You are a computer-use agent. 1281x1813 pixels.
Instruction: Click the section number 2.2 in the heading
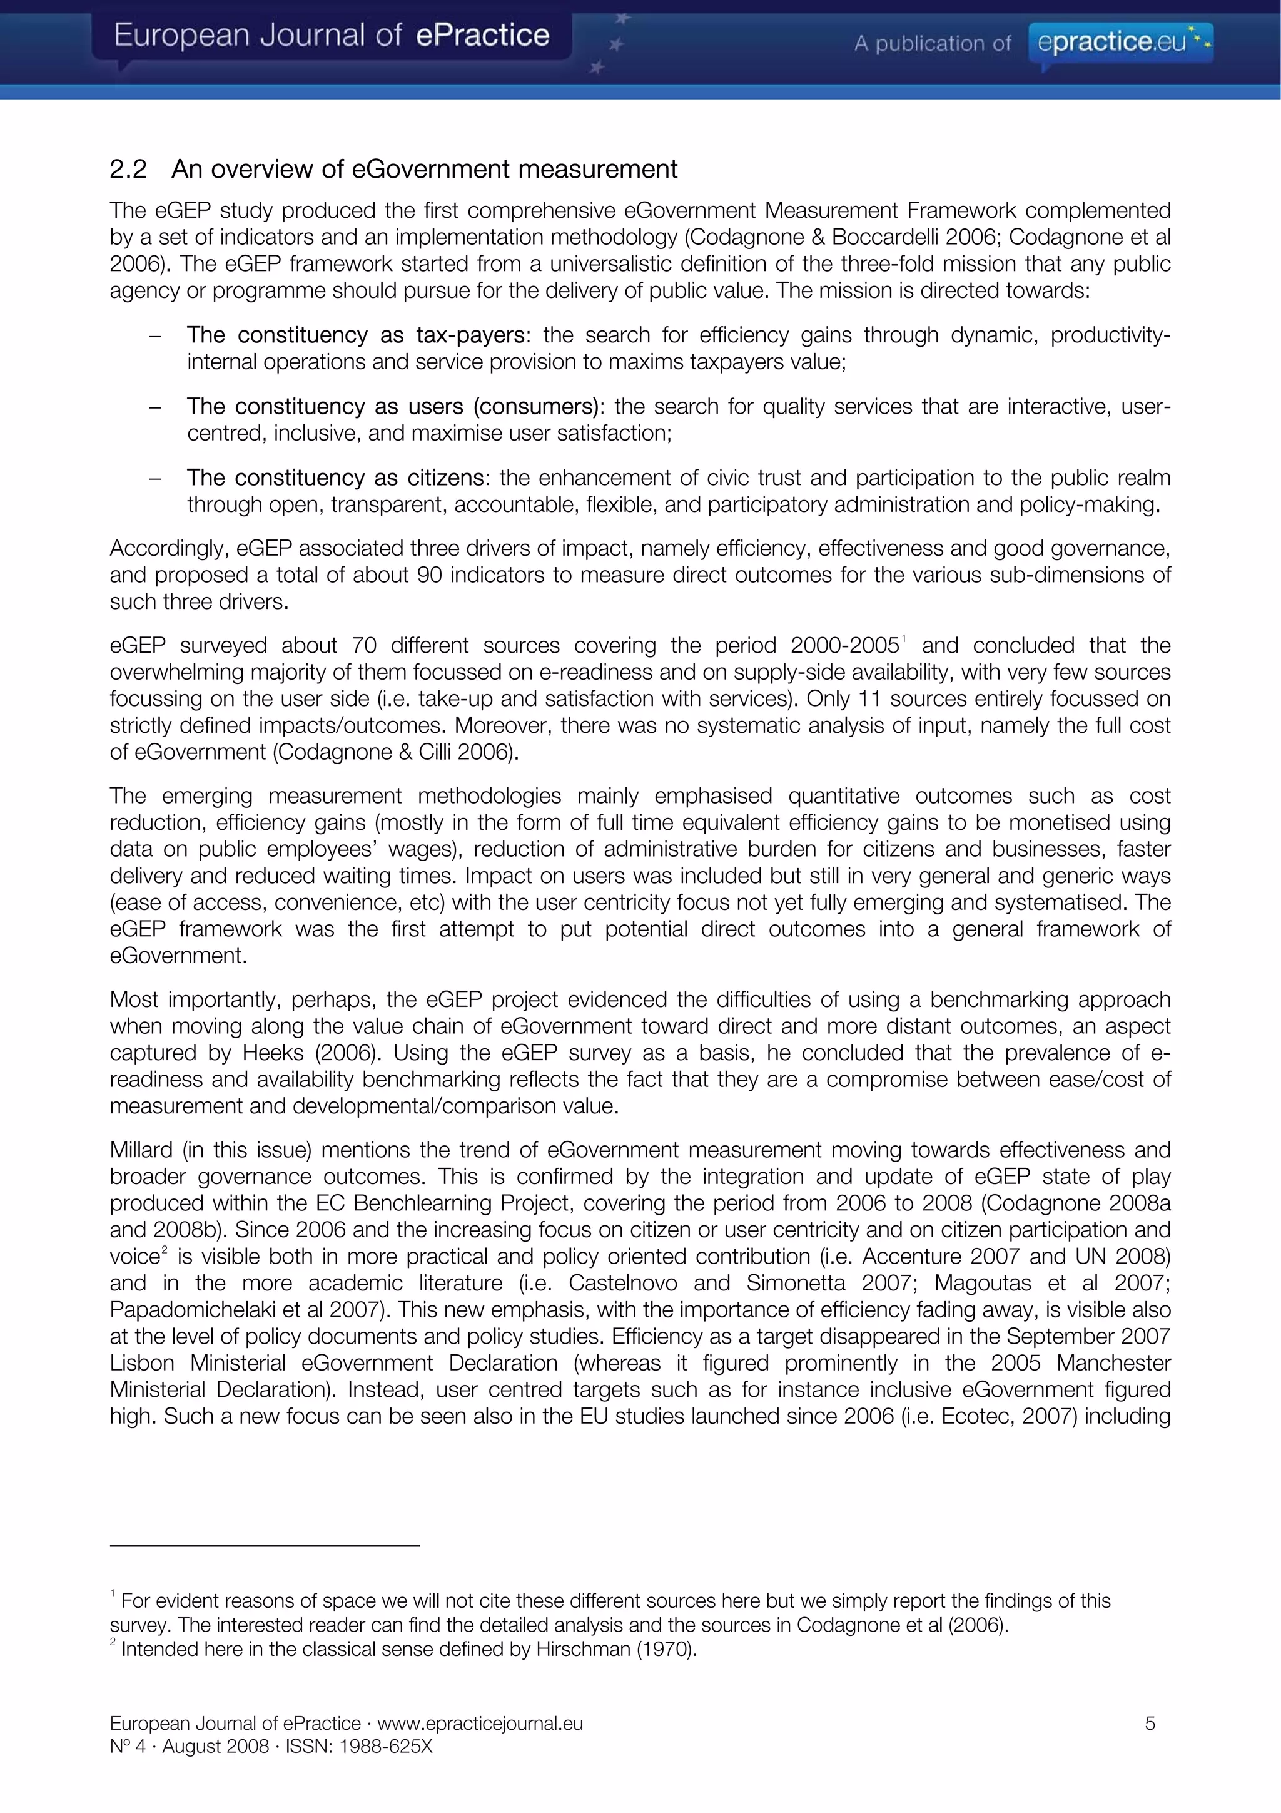[128, 169]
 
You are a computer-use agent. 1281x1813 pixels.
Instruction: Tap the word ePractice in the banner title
[482, 36]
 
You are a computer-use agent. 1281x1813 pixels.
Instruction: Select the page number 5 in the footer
[1150, 1723]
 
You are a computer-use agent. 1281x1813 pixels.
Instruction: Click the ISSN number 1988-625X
[386, 1746]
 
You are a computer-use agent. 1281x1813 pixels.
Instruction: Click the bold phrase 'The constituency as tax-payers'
[355, 335]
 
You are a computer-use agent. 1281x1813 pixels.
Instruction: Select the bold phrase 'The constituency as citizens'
[335, 478]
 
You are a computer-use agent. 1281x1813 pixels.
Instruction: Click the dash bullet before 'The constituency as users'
[156, 407]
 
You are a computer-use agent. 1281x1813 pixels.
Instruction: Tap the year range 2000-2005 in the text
[844, 646]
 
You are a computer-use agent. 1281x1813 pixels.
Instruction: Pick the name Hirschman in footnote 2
[585, 1649]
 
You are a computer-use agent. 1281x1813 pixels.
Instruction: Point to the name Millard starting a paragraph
[141, 1150]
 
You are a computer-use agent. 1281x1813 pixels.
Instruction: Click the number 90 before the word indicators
[428, 575]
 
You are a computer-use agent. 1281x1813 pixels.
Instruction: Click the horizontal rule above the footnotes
[265, 1545]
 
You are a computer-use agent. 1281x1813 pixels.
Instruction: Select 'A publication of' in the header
[931, 43]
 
